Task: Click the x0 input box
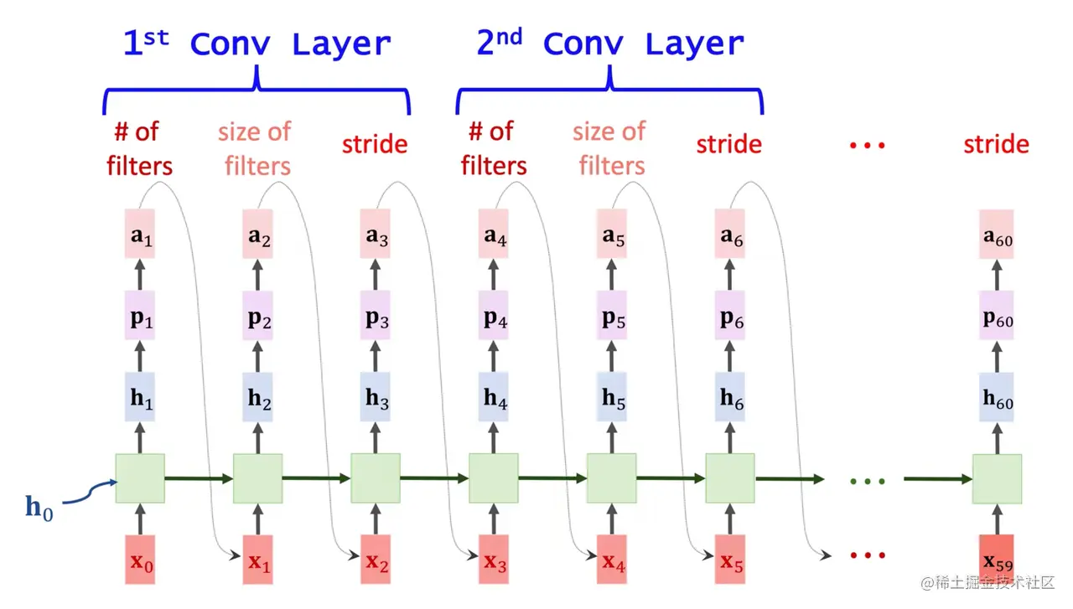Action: [x=140, y=560]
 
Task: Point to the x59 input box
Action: [x=997, y=560]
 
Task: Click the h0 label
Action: [x=39, y=508]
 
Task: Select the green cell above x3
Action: [x=494, y=478]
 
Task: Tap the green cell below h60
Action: [x=997, y=478]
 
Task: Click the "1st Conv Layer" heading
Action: [x=257, y=44]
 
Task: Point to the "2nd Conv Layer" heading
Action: [x=609, y=44]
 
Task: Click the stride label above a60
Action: [x=996, y=144]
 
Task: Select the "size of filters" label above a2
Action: [x=256, y=148]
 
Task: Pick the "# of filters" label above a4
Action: [x=494, y=148]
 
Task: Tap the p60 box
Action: [x=997, y=316]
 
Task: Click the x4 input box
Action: [x=612, y=560]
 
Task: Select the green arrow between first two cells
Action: [x=199, y=478]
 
